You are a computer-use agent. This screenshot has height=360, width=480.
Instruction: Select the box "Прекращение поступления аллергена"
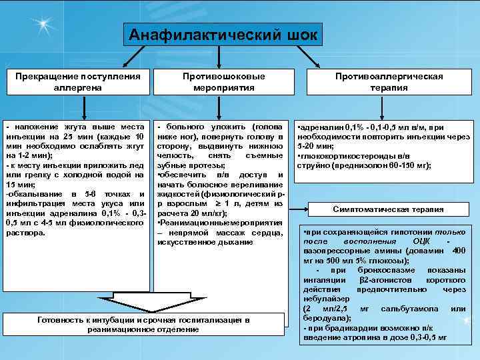pos(78,81)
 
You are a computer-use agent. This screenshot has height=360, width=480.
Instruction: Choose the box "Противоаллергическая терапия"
pos(389,81)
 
